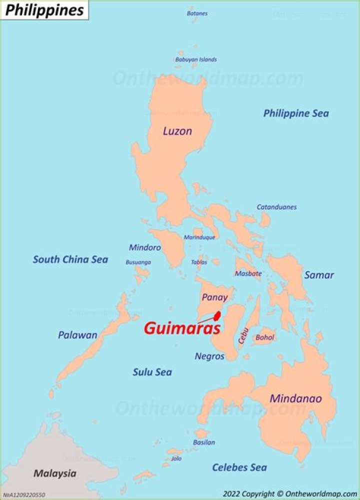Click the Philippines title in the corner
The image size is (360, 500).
point(44,10)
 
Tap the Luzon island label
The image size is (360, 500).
point(177,131)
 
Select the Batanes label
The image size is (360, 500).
point(197,14)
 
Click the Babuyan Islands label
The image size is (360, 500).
point(196,60)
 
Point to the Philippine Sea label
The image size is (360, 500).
point(296,113)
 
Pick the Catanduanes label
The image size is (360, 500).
point(276,207)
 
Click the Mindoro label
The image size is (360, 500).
point(145,247)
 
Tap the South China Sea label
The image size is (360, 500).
point(70,259)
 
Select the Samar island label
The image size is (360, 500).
point(319,275)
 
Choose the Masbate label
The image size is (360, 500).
point(248,274)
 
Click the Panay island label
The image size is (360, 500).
point(214,297)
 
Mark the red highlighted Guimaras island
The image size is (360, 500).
point(218,316)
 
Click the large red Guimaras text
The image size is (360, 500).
point(182,329)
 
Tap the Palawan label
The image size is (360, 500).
point(77,335)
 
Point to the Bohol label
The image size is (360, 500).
point(265,337)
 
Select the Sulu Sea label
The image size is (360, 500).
point(152,372)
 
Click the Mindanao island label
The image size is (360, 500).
point(296,399)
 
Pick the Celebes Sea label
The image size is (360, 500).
point(239,467)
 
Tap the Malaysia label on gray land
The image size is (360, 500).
point(55,473)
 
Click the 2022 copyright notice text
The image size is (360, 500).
point(289,493)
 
